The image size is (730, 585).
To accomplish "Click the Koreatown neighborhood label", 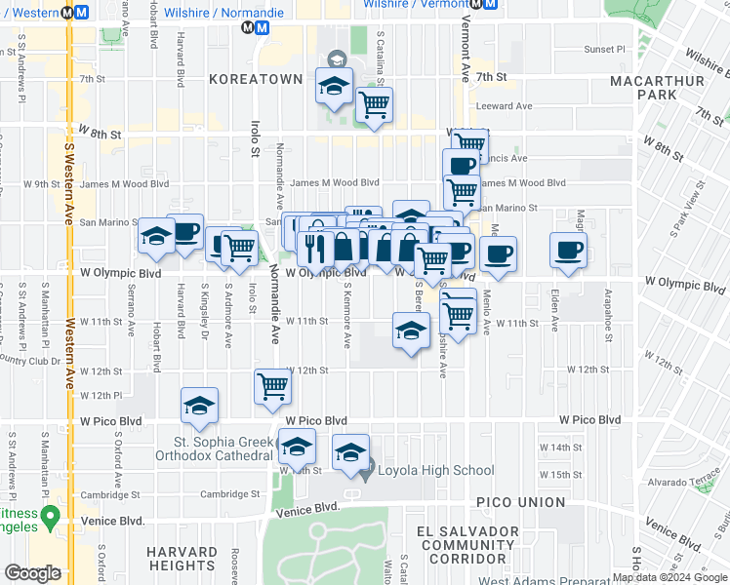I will [255, 79].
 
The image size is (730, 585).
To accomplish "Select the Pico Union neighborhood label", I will [521, 502].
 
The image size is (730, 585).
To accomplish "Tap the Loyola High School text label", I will [435, 471].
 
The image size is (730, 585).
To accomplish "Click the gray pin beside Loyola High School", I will [365, 473].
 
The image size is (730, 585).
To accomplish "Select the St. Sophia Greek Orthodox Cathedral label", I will [215, 447].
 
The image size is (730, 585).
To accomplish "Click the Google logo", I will [32, 573].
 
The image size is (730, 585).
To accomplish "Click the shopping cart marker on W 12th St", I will [272, 386].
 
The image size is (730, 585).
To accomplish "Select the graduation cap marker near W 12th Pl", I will [200, 407].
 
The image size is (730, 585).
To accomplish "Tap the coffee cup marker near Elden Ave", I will [568, 251].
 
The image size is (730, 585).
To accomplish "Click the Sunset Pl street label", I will [604, 50].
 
